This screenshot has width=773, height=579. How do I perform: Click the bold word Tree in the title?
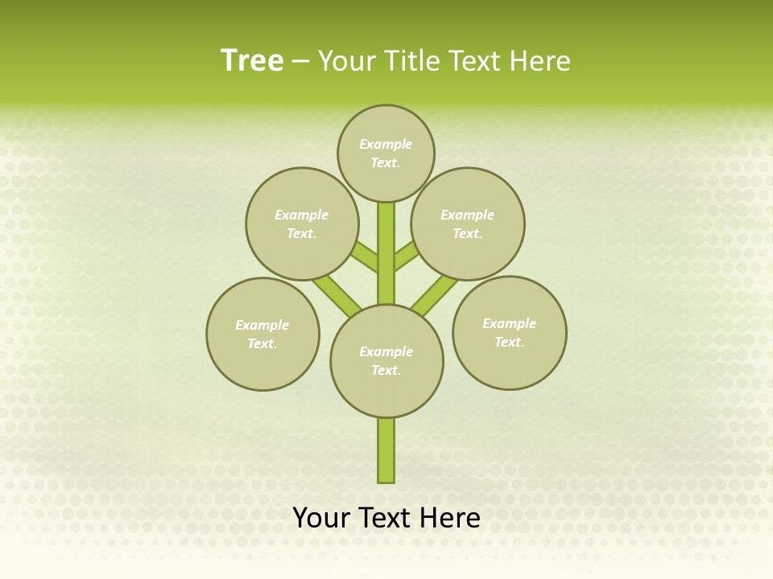click(252, 60)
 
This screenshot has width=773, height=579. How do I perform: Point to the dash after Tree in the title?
click(300, 61)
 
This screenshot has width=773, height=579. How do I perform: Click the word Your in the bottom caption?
click(322, 517)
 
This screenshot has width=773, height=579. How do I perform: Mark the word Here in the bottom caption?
click(450, 517)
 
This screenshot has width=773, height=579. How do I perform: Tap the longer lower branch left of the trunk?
click(337, 293)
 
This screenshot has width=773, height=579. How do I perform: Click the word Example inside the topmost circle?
click(386, 145)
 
